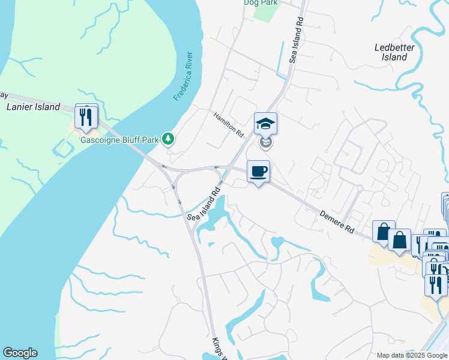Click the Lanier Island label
point(33,107)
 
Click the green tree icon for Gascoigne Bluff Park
point(169,140)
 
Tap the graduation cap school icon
point(265,124)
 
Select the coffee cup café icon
point(258,172)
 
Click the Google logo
point(20,353)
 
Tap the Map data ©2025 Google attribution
point(411,355)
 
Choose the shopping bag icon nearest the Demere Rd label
point(383,232)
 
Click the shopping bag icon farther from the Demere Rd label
point(399,241)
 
